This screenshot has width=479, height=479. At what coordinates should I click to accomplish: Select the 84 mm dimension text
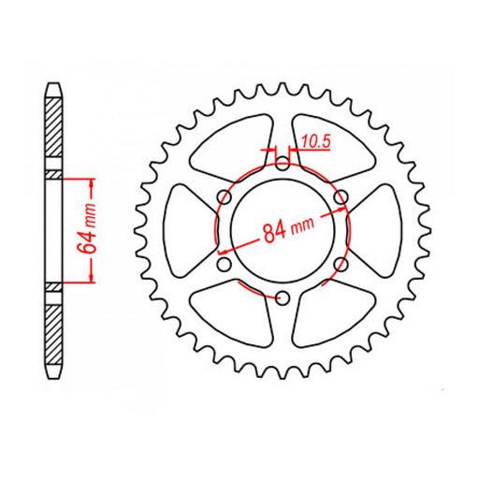coord(287,228)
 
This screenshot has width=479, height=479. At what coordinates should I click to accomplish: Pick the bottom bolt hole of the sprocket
coord(283,298)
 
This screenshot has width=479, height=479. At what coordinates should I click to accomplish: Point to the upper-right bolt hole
coord(341,196)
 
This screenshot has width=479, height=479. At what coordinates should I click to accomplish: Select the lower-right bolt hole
coord(341,265)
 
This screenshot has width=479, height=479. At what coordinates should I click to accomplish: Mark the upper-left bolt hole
coord(225,196)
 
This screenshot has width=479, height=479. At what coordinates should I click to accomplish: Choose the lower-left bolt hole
coord(225,265)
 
